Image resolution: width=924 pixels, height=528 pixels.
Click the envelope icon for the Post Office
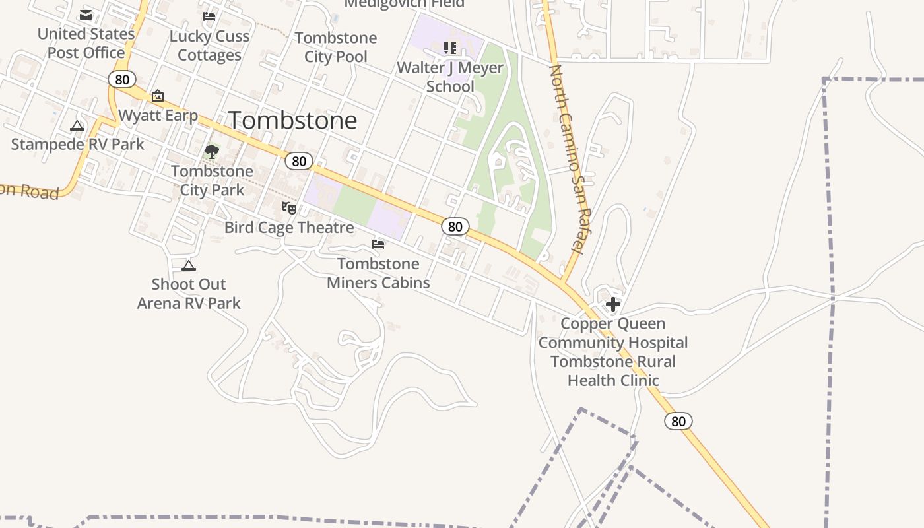[x=86, y=15]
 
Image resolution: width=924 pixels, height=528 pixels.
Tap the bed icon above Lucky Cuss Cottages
[x=209, y=16]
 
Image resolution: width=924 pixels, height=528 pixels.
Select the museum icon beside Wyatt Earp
[x=158, y=96]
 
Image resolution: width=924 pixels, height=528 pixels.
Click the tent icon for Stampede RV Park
[x=77, y=125]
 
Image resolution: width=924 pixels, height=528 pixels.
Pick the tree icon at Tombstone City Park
[x=211, y=152]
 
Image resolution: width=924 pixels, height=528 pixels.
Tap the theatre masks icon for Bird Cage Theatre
[x=289, y=208]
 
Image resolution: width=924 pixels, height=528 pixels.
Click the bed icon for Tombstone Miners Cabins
[x=378, y=244]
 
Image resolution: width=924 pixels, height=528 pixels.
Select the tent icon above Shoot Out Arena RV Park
[x=189, y=265]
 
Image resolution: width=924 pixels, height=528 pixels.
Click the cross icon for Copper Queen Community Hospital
[x=613, y=304]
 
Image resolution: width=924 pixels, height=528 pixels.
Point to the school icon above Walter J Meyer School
[x=450, y=48]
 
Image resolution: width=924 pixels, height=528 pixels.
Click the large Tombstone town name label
[x=292, y=120]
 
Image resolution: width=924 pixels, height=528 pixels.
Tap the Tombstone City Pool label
[x=336, y=47]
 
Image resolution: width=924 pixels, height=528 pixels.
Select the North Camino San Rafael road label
[x=567, y=158]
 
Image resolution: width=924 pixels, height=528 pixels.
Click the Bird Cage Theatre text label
[x=289, y=228]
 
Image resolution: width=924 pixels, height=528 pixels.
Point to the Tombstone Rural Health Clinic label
[x=613, y=371]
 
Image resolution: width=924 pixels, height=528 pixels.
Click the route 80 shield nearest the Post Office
[x=122, y=79]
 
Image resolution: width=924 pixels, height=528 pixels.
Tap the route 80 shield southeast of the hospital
[x=678, y=421]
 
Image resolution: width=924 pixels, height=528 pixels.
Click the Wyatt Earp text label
[x=158, y=115]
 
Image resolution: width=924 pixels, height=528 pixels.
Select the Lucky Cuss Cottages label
[x=209, y=46]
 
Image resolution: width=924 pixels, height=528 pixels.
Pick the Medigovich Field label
[x=404, y=4]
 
